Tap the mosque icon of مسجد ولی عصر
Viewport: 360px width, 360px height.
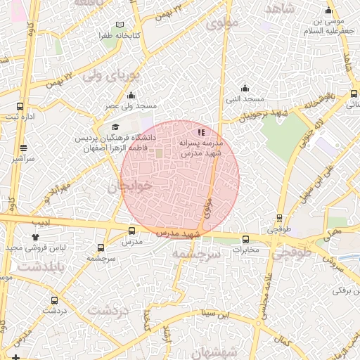click(130, 96)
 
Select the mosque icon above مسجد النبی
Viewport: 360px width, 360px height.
click(245, 88)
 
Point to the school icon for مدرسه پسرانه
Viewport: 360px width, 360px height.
click(201, 131)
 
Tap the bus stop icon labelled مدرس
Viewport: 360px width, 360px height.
click(132, 231)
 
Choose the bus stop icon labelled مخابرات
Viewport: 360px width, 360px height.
click(245, 239)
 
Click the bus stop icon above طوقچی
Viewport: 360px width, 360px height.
click(280, 218)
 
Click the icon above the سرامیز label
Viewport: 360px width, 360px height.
click(24, 148)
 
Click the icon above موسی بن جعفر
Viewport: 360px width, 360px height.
click(328, 11)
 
